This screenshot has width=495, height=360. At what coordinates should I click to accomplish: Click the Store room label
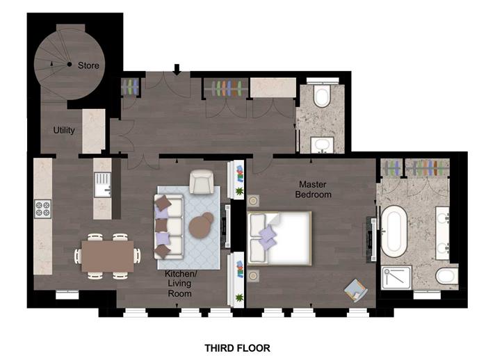[88, 65]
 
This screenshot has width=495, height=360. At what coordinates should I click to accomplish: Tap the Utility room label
[64, 130]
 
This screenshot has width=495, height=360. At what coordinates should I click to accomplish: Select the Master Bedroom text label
[313, 189]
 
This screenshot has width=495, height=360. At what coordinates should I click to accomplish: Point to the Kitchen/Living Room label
[180, 284]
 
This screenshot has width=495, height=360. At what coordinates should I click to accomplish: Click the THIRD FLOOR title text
[237, 348]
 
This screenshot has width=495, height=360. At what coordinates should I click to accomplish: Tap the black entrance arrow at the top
[177, 69]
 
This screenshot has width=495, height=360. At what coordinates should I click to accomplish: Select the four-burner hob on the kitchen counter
[42, 208]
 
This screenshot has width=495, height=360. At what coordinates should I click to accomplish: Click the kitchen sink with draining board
[103, 185]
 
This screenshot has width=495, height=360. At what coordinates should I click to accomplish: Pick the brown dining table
[108, 256]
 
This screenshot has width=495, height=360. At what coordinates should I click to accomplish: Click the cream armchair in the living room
[202, 181]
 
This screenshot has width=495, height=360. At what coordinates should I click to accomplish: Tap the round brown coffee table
[202, 225]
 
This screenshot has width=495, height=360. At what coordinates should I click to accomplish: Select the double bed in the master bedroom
[279, 238]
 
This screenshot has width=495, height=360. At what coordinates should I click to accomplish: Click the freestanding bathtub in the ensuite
[393, 231]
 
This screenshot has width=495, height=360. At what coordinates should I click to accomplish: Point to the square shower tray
[396, 278]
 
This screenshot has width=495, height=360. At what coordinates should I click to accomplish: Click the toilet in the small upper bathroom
[322, 95]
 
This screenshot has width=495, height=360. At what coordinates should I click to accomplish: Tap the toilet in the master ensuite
[446, 277]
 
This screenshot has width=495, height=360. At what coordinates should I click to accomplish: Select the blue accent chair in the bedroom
[356, 291]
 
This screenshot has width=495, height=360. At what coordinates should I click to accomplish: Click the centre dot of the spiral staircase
[70, 65]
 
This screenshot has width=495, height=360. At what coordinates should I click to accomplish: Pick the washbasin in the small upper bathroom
[322, 145]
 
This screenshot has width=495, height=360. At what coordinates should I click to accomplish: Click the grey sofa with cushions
[168, 227]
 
